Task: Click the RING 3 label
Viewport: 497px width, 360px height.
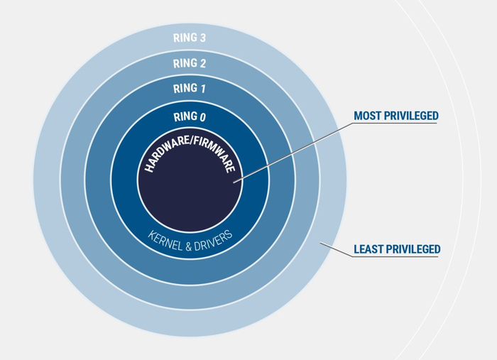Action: point(190,38)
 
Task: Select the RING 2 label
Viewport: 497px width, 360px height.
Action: point(190,63)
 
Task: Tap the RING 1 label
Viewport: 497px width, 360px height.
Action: point(190,88)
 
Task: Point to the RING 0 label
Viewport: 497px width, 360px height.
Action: point(190,116)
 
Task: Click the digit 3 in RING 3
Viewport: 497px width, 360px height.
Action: point(202,38)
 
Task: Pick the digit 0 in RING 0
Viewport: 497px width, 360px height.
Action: point(202,117)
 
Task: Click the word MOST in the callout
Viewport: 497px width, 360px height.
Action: point(367,116)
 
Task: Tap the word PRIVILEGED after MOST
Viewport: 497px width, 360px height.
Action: point(411,116)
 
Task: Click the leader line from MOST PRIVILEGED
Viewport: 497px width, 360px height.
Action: point(293,153)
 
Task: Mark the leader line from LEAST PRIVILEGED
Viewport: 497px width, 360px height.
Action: point(336,249)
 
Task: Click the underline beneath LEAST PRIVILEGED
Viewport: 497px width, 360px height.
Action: point(395,256)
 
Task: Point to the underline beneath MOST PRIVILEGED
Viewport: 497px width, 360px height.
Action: point(395,124)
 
